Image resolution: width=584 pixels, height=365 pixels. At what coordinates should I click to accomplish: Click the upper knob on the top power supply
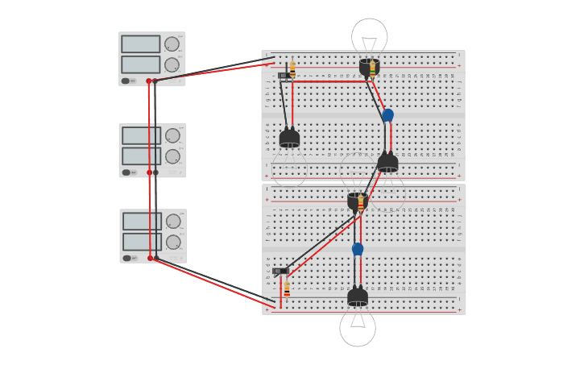172,44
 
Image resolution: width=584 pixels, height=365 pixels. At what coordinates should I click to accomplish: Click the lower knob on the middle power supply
172,156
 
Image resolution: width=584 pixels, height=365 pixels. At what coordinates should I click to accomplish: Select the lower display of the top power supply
141,64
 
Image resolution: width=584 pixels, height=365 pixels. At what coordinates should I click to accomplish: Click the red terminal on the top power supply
149,81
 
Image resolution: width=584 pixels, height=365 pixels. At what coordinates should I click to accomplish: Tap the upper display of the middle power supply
142,135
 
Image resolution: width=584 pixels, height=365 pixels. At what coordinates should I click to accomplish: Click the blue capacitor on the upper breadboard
387,115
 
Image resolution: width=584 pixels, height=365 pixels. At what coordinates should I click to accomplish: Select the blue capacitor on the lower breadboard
358,249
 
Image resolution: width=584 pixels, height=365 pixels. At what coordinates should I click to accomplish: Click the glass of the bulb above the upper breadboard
369,36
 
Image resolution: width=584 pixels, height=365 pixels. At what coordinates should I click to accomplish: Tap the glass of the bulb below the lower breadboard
358,328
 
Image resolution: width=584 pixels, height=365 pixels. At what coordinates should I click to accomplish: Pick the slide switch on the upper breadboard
284,76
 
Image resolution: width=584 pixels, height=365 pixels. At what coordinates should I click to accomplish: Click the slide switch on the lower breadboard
280,271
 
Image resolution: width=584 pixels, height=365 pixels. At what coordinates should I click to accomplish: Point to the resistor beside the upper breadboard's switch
292,69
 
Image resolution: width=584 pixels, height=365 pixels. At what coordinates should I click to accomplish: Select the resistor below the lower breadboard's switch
287,288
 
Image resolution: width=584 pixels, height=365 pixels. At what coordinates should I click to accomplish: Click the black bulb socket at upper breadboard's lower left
289,139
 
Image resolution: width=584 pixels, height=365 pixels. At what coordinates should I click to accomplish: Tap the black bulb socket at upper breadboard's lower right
387,162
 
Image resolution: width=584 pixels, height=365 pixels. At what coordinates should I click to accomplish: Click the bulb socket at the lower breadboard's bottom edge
358,297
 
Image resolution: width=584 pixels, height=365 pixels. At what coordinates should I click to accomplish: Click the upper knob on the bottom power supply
172,222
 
